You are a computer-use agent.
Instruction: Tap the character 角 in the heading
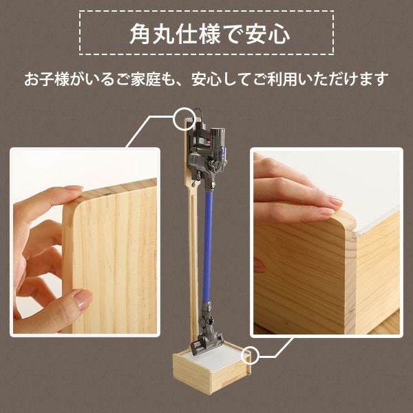[140, 34]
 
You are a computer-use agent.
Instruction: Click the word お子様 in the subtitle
[47, 79]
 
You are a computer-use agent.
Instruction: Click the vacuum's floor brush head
[207, 342]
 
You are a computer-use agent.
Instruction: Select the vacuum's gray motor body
[208, 150]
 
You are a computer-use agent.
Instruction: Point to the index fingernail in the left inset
[74, 188]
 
